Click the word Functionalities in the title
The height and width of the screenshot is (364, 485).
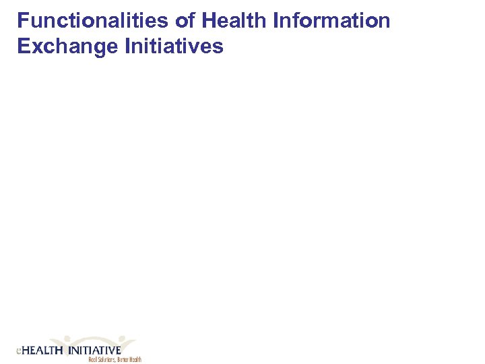coord(93,21)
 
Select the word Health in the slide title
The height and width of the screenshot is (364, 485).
coord(234,21)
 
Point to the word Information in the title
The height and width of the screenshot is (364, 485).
coord(331,21)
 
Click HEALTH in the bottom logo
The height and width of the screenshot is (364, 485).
coord(42,351)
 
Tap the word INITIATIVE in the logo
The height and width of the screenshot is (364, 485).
coord(94,351)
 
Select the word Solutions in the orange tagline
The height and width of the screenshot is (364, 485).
coord(106,359)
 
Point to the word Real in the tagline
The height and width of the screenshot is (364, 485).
coord(93,359)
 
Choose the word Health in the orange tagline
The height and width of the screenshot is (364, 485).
coord(135,359)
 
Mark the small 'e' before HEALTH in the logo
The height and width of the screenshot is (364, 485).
coord(18,351)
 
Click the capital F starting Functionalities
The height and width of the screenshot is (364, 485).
coord(22,21)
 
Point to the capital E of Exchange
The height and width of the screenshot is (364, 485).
coord(23,47)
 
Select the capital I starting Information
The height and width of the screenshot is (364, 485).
coord(276,21)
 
